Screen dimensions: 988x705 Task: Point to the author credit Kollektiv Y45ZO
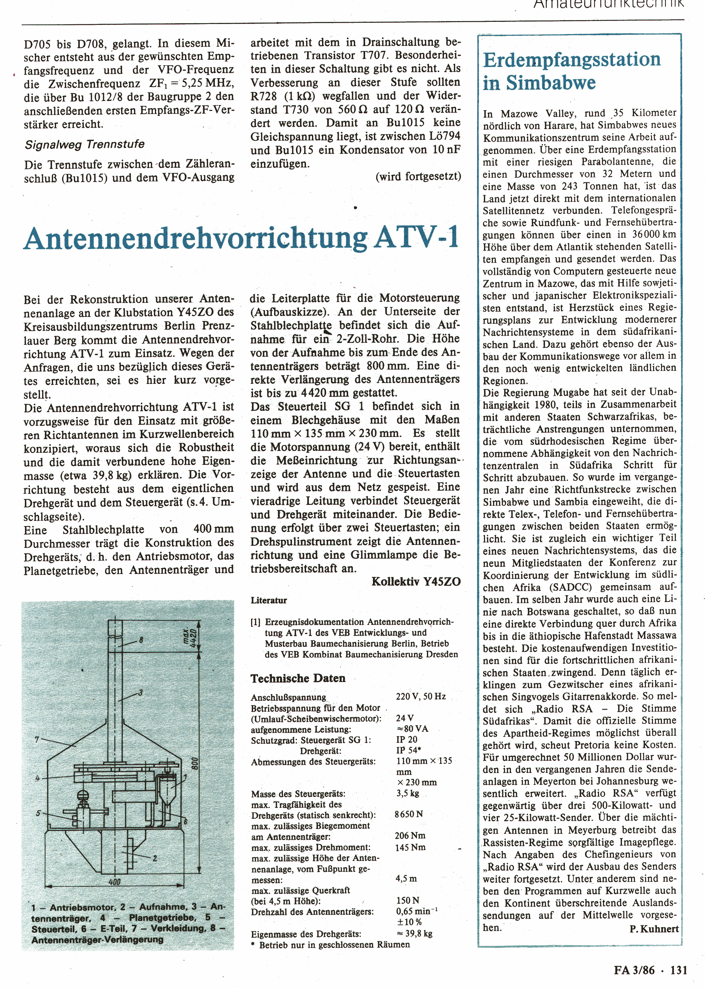[x=416, y=582]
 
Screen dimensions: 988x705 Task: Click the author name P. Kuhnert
[x=654, y=929]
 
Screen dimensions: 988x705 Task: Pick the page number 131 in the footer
[x=679, y=970]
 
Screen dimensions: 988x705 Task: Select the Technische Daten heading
[x=298, y=678]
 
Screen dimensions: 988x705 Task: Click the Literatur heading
[x=269, y=601]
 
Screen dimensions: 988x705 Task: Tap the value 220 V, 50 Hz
[x=421, y=697]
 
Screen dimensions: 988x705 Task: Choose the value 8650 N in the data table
[x=408, y=814]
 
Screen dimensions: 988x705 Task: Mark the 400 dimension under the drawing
[x=115, y=882]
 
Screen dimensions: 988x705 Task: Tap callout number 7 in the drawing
[x=37, y=739]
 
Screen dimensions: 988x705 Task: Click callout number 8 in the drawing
[x=141, y=640]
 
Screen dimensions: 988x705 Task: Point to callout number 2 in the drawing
[x=155, y=858]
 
